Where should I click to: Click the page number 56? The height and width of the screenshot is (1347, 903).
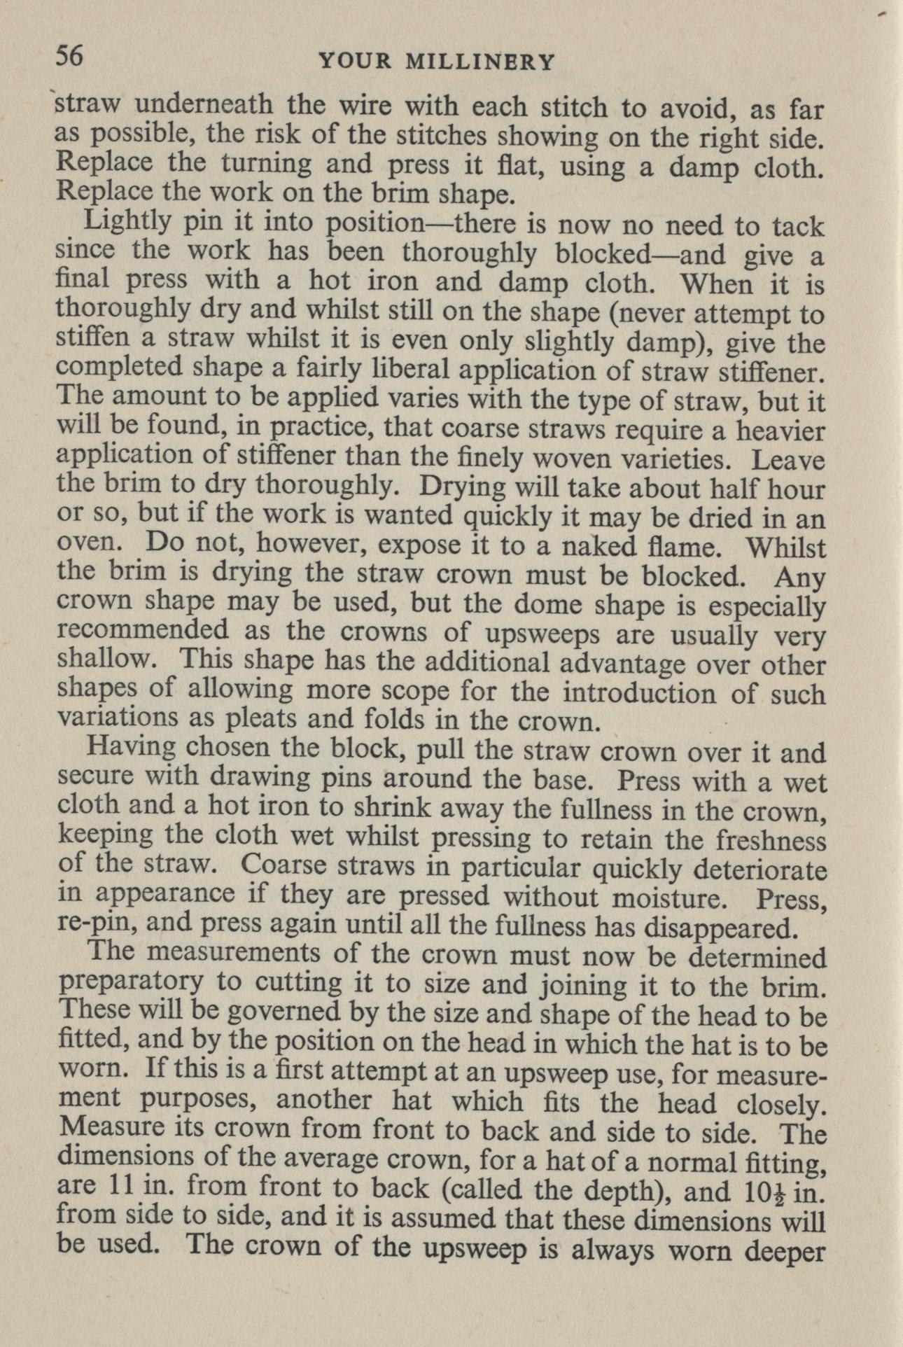[x=69, y=55]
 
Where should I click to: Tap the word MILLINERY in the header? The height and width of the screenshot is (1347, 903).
[x=481, y=62]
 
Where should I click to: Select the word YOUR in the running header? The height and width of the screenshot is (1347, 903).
[x=357, y=62]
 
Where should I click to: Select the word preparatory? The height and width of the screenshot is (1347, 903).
[x=131, y=984]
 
